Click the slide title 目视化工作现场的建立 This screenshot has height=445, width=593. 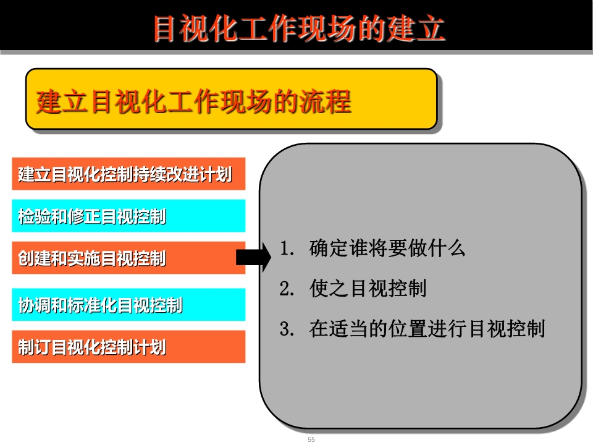click(299, 28)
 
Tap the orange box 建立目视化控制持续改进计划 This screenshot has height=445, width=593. click(128, 174)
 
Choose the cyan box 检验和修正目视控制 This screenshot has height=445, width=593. click(128, 216)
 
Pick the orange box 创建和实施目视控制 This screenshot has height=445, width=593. click(128, 258)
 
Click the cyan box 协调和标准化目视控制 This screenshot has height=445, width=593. click(128, 305)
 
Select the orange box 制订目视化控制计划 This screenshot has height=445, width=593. click(128, 347)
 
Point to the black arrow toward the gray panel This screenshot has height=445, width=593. click(254, 258)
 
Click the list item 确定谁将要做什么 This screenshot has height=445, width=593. click(387, 248)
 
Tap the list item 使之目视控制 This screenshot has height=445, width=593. click(368, 289)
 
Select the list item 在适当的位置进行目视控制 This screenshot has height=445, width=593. click(427, 328)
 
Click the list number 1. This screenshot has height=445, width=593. click(287, 248)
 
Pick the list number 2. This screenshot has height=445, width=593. click(287, 289)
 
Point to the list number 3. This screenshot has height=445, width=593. click(287, 329)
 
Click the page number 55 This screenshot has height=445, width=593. click(311, 439)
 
